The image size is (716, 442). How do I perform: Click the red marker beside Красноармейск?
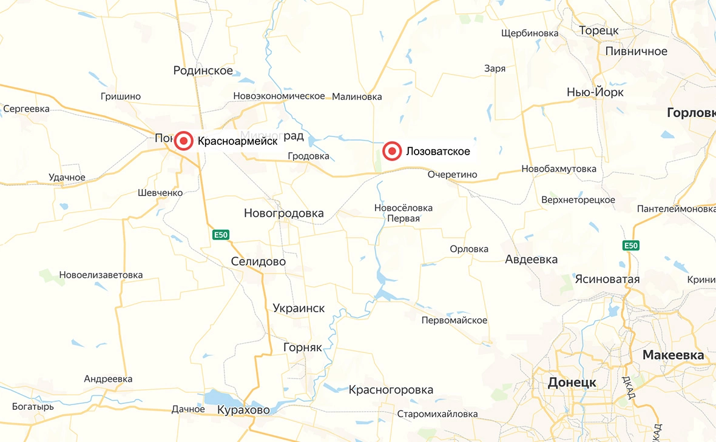[184, 141]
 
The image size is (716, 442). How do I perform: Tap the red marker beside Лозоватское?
[393, 151]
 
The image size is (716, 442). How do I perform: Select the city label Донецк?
[572, 383]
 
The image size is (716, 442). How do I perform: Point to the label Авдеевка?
[531, 260]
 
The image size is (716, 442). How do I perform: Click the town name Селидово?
[258, 261]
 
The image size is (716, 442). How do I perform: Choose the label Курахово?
[243, 410]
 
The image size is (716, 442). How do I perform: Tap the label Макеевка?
[673, 355]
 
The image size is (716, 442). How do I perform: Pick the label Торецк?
[598, 30]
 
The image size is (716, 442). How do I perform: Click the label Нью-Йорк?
[595, 92]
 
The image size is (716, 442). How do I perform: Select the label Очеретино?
[452, 175]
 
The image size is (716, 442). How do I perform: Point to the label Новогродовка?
[283, 213]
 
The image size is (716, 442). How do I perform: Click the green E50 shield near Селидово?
[221, 234]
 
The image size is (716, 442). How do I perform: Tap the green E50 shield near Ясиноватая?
[631, 246]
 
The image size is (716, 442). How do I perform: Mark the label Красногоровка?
[391, 389]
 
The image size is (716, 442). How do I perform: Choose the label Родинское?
[203, 71]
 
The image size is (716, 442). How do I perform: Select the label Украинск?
[299, 308]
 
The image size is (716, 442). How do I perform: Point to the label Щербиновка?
[530, 33]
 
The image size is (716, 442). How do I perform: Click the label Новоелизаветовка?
[101, 275]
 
